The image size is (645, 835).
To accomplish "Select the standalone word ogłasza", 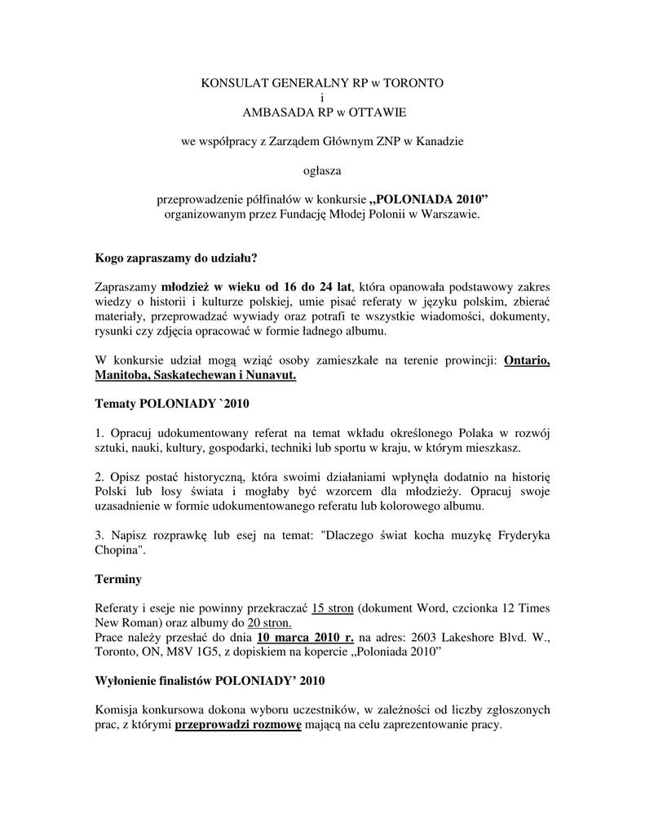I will [322, 170].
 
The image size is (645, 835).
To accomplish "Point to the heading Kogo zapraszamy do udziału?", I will [176, 258].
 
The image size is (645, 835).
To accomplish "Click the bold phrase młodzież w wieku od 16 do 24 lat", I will [256, 287].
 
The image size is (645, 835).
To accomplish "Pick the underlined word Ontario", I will [527, 360].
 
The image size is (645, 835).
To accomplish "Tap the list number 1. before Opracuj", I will [99, 433].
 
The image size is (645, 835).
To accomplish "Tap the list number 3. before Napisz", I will [99, 535].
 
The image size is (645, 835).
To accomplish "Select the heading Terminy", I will [118, 579].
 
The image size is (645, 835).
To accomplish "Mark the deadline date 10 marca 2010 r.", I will [304, 637].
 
